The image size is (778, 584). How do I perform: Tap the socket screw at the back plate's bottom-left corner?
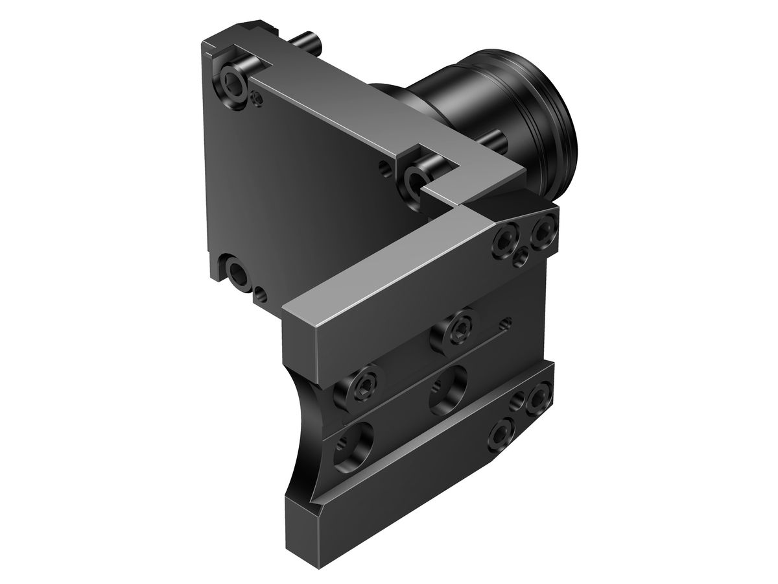237,273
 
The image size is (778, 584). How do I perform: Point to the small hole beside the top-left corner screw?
258,99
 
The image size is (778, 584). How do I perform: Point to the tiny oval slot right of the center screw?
506,322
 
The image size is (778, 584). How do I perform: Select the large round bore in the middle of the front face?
448,389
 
